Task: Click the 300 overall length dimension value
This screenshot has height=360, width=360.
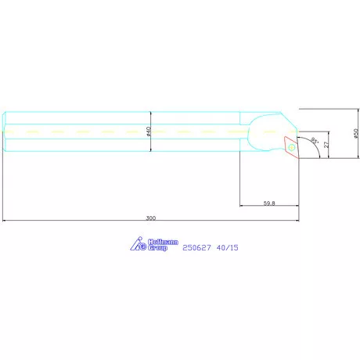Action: [x=151, y=218]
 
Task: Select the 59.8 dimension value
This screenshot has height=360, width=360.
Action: [x=269, y=203]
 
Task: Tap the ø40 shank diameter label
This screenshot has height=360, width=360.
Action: [x=149, y=131]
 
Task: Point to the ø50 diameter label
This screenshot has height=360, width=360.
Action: [x=356, y=133]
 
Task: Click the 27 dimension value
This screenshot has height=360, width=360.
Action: [x=326, y=145]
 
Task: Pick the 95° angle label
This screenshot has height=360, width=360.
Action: [x=315, y=141]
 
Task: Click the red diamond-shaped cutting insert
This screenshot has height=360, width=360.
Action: [x=291, y=147]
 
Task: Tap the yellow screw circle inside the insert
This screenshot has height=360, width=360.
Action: [x=292, y=147]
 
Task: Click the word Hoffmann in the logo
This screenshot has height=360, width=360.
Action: [x=163, y=242]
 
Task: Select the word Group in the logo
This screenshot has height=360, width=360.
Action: [x=157, y=247]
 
